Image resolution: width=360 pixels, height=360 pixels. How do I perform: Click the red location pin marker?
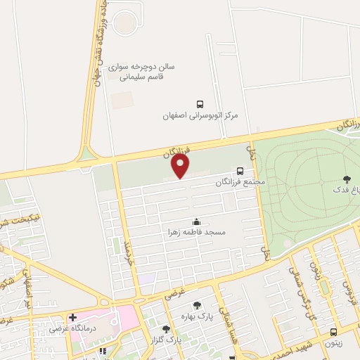pyautogui.click(x=181, y=166)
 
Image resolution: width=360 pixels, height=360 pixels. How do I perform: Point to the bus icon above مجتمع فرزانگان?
pyautogui.click(x=240, y=171)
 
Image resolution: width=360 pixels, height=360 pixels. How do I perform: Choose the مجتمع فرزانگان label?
pyautogui.click(x=241, y=181)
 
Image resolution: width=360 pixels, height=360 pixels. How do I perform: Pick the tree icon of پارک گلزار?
pyautogui.click(x=167, y=329)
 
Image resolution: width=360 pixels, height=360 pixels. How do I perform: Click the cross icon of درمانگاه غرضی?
pyautogui.click(x=72, y=317)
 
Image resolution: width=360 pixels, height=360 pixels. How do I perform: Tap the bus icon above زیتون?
pyautogui.click(x=333, y=332)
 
